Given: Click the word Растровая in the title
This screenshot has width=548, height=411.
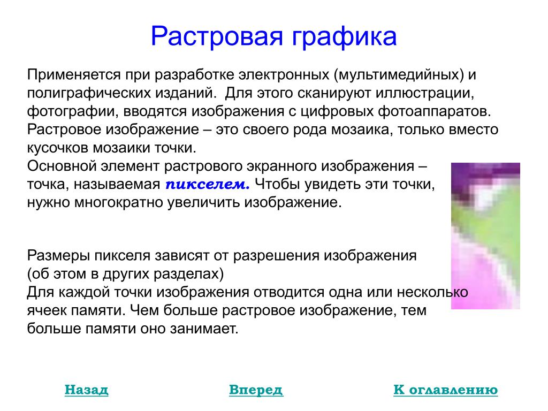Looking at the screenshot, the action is [217, 36].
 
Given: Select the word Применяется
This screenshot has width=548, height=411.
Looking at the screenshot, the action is [74, 75].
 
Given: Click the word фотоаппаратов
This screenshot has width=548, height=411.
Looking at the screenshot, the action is [434, 111].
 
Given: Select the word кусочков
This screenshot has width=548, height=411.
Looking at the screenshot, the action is [58, 148].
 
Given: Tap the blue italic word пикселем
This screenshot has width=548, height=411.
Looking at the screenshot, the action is [208, 184].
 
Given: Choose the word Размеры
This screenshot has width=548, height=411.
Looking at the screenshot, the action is [58, 256].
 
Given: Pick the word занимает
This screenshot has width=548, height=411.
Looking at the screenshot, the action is [204, 329].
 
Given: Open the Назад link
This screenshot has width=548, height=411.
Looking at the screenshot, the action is [86, 390].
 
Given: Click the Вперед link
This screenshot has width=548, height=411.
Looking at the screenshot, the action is [256, 390].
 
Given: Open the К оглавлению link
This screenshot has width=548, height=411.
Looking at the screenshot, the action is [446, 390].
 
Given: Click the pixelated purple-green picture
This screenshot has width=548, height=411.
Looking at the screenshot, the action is [485, 236].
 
